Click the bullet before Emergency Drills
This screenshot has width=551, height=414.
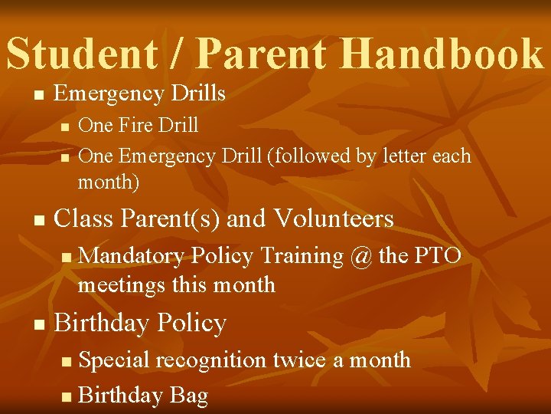39,96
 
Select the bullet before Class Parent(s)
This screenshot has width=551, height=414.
39,221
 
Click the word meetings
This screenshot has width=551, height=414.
122,285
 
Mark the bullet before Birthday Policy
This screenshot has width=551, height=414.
39,325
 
